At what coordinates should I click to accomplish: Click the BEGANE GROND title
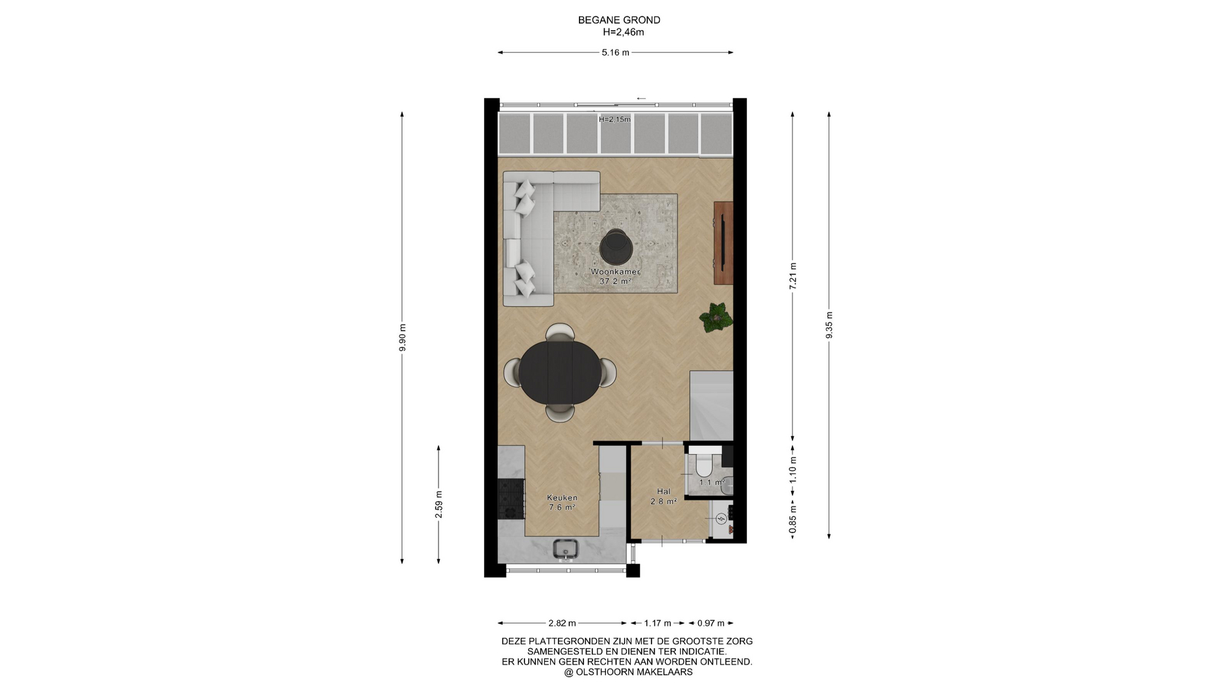[x=619, y=20]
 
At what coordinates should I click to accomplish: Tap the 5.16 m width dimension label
[x=615, y=53]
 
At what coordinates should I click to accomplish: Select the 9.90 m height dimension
[x=403, y=338]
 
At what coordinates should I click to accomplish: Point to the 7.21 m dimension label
[x=792, y=277]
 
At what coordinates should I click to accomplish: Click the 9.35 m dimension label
[x=829, y=325]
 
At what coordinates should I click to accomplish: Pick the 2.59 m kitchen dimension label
[x=439, y=504]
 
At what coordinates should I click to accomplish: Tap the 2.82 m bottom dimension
[x=562, y=623]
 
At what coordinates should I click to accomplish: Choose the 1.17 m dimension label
[x=658, y=623]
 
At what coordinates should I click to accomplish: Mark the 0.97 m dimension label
[x=710, y=623]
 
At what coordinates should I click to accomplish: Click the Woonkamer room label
[x=615, y=271]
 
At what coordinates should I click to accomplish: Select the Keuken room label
[x=562, y=497]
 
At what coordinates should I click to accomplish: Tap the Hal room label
[x=664, y=492]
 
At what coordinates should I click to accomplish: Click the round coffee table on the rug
[x=615, y=246]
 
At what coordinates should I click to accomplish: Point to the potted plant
[x=716, y=317]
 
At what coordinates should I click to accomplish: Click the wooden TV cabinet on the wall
[x=723, y=243]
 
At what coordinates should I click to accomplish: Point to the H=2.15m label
[x=615, y=119]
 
